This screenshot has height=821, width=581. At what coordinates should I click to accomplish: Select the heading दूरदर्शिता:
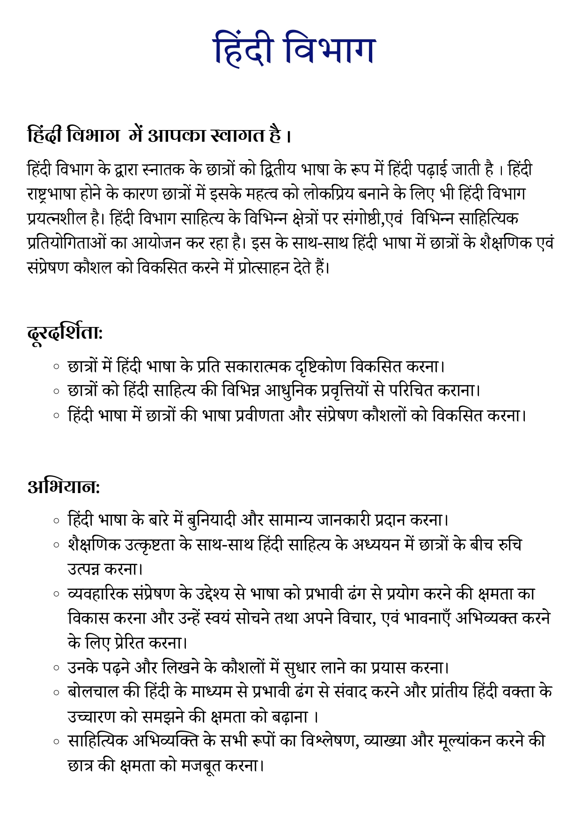click(65, 333)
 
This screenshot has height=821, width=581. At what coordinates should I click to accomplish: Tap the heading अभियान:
click(64, 487)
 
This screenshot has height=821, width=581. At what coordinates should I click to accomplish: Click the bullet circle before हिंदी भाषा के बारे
click(57, 520)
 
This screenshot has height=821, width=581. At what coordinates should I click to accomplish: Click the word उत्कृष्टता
click(150, 545)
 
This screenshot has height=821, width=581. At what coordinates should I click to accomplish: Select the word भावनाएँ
click(427, 618)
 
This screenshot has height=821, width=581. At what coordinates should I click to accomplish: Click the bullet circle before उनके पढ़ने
click(57, 668)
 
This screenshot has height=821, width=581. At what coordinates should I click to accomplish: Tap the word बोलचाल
click(93, 692)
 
